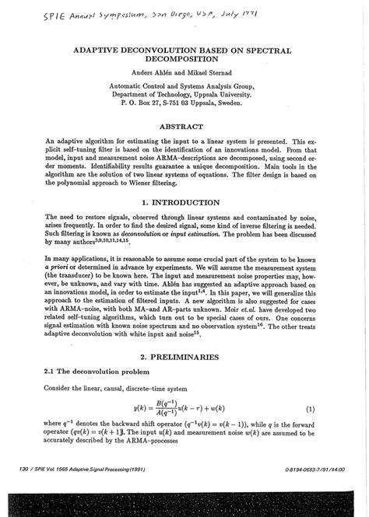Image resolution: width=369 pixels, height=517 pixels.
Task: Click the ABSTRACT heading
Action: (184, 127)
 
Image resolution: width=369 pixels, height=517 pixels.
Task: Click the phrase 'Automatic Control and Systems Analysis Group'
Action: (184, 89)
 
